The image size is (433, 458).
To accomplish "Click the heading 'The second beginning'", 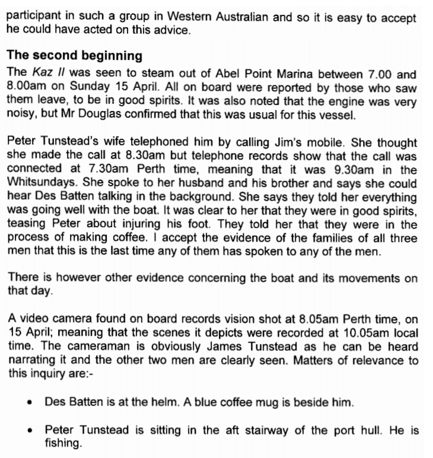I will click(x=74, y=56).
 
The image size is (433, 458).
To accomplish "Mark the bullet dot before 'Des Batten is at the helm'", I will click(x=30, y=403).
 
